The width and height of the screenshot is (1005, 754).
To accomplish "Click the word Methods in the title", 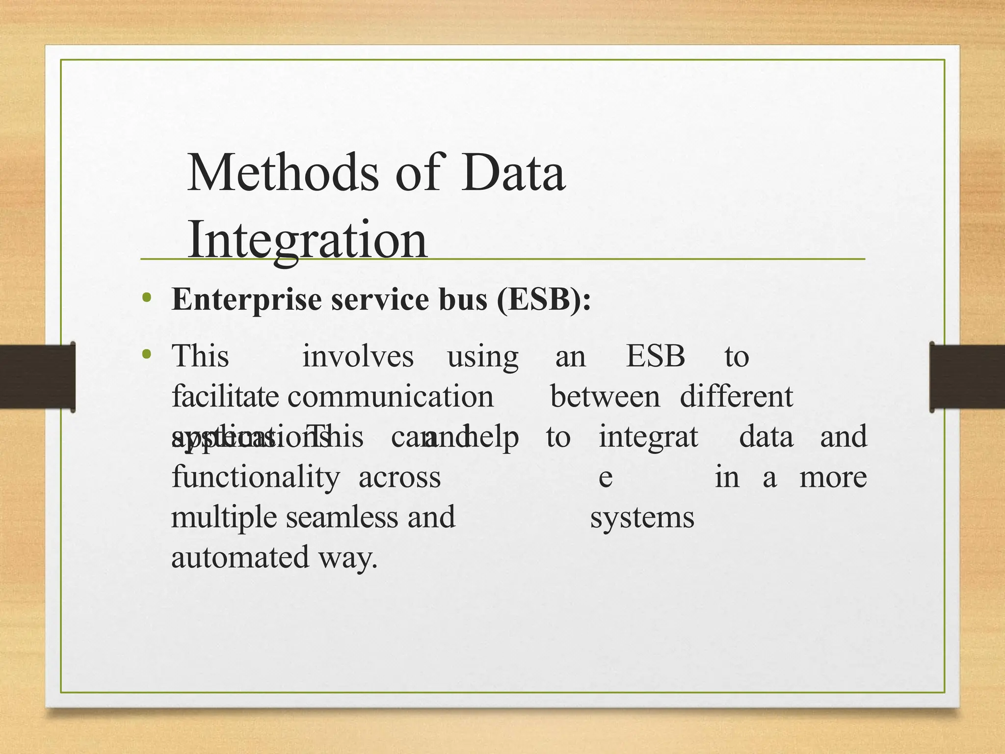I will click(283, 173).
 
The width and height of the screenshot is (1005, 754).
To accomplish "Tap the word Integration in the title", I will click(307, 239).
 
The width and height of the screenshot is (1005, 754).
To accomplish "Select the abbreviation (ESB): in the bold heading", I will click(544, 299).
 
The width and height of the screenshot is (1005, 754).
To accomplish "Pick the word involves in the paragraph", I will click(358, 356).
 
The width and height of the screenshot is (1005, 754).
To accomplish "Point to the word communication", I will click(390, 397).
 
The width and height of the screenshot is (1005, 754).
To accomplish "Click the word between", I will click(605, 397).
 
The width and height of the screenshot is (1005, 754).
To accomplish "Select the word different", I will click(736, 397).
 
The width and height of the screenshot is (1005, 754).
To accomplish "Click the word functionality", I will click(255, 477).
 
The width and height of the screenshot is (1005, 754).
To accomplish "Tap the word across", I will click(399, 477).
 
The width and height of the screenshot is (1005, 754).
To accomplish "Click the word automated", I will click(240, 558).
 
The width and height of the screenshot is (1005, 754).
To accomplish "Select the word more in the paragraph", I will click(833, 477).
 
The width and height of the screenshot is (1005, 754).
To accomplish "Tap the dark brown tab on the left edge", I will click(37, 377).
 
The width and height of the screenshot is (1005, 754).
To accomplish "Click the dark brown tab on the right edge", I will click(968, 377).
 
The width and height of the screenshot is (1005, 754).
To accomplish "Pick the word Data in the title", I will click(513, 173).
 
